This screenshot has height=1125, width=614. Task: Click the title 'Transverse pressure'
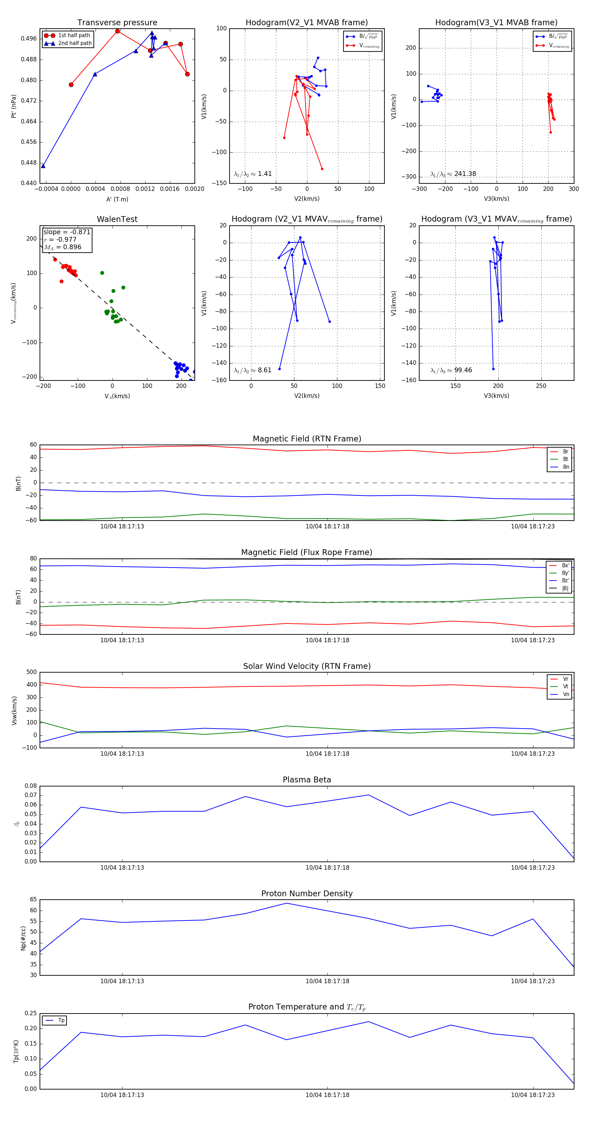tap(117, 23)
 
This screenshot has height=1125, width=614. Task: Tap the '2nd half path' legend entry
tap(75, 43)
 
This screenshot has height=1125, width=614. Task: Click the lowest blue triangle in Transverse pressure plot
tap(43, 166)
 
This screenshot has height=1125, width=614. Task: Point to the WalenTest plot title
tap(117, 219)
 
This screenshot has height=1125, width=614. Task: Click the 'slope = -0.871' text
tap(67, 232)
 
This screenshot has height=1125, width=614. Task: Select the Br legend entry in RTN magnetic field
tap(565, 452)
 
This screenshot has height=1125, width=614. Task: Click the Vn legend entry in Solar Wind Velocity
tap(566, 694)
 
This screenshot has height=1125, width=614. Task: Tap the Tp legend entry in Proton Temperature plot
tap(61, 1020)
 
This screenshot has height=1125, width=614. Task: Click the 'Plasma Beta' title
tap(307, 780)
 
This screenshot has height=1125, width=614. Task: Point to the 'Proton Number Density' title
tap(307, 894)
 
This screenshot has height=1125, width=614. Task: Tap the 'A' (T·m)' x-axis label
tap(117, 199)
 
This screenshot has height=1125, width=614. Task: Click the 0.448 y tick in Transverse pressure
tap(29, 163)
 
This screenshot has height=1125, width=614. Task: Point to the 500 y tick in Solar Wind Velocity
tap(31, 672)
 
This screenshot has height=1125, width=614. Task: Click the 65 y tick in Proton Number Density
tap(33, 900)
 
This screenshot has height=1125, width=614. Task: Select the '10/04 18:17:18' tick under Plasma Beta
tap(327, 867)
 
